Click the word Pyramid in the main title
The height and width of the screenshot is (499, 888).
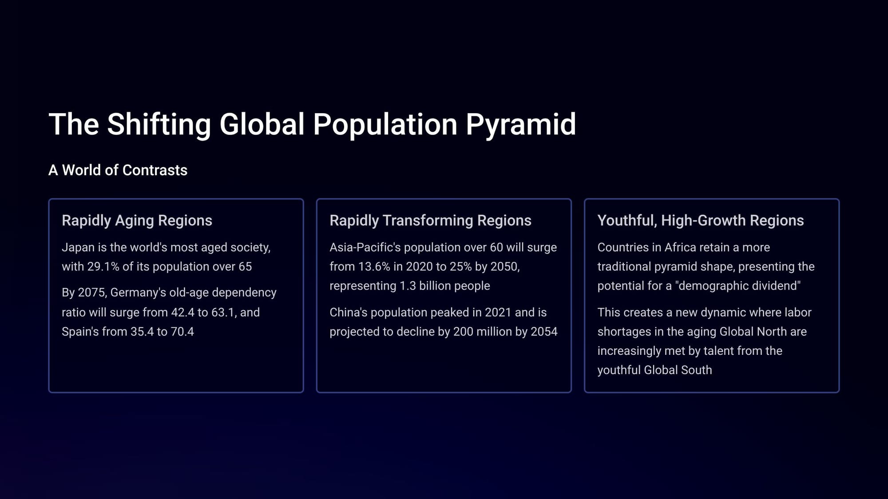521,125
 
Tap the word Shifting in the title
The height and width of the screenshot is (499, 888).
159,125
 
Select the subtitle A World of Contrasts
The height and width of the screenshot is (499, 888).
118,170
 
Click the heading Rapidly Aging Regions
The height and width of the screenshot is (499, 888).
137,220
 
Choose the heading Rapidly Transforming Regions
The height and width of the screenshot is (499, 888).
430,220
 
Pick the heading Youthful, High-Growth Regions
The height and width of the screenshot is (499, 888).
701,220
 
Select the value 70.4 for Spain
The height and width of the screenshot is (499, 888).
182,332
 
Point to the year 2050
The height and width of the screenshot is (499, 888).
503,267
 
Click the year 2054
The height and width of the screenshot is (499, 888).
544,332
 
